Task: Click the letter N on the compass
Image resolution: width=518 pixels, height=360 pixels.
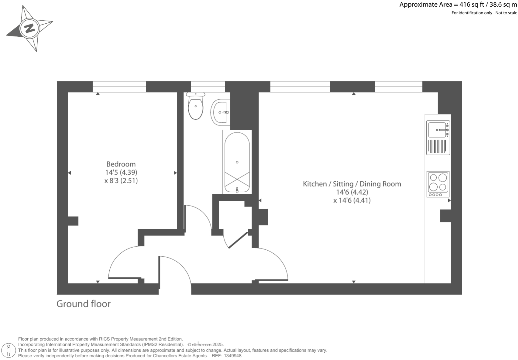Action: tap(30, 28)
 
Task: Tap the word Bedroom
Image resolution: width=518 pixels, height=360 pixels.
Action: tap(121, 164)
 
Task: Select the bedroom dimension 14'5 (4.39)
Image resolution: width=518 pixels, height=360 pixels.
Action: tap(121, 172)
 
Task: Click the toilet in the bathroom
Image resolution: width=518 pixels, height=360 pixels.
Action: tap(195, 107)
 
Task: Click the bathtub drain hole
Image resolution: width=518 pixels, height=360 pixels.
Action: tap(237, 162)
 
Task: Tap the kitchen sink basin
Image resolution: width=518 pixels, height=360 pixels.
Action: tap(437, 130)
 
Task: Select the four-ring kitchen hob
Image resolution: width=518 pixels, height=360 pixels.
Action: tap(438, 184)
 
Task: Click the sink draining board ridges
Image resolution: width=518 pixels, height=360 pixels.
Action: tap(437, 146)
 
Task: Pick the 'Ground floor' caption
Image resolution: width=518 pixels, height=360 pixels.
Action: tap(83, 304)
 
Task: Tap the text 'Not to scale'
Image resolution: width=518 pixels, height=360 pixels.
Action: tap(506, 13)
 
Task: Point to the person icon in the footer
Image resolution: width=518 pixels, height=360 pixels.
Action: tap(9, 350)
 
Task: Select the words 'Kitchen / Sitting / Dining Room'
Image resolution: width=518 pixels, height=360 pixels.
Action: tap(352, 184)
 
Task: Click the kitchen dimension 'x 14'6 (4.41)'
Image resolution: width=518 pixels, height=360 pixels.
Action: tap(352, 201)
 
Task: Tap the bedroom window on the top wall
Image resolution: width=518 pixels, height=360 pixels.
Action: tap(119, 86)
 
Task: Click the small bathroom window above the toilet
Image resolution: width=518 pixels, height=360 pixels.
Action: tap(208, 86)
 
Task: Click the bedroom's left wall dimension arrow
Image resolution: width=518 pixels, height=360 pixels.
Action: tap(69, 173)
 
